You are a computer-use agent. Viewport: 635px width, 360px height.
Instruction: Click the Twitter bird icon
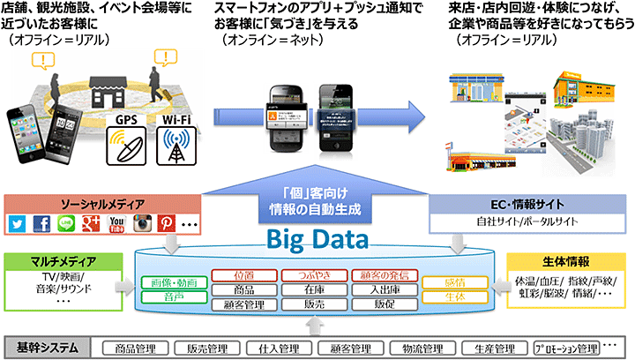pos(19,223)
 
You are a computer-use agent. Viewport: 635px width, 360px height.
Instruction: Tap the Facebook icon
pos(42,223)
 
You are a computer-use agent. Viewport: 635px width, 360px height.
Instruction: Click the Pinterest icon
pos(163,223)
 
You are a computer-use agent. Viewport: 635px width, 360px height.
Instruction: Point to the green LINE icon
pos(66,223)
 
